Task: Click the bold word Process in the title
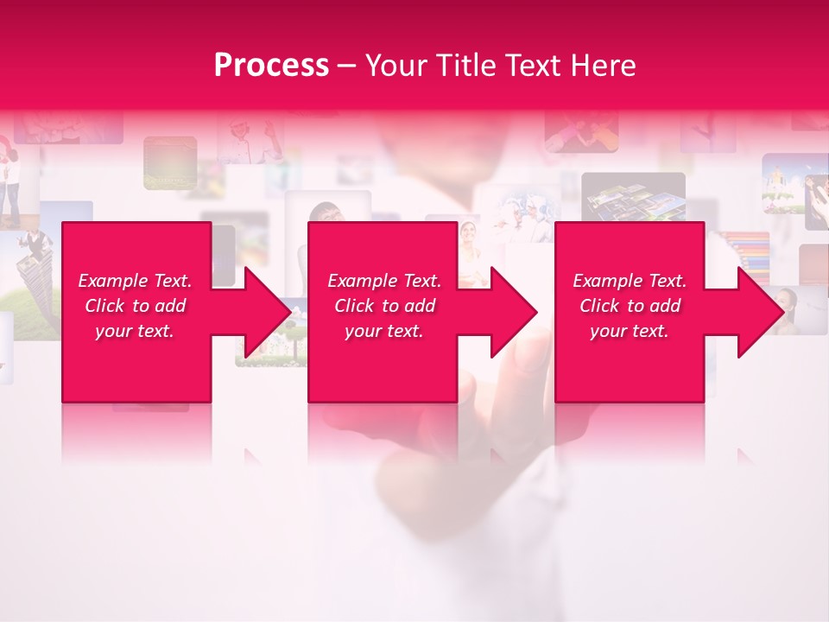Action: tap(271, 66)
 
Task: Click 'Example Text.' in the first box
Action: tap(135, 281)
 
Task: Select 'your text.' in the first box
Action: tap(135, 331)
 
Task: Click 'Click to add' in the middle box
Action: tap(384, 306)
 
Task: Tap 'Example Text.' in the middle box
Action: tap(384, 281)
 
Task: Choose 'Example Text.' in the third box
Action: tap(630, 281)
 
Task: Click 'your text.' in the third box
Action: tap(630, 331)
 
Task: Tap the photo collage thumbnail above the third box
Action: tap(633, 197)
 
